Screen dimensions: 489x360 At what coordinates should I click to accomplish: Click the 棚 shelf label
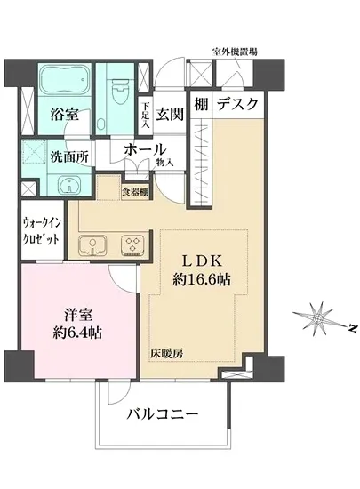coord(201,105)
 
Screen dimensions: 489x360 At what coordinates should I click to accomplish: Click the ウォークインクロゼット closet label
coord(42,234)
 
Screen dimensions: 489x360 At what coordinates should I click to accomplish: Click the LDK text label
coord(207,260)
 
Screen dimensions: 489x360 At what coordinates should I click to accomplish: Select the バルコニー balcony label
coord(161,413)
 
